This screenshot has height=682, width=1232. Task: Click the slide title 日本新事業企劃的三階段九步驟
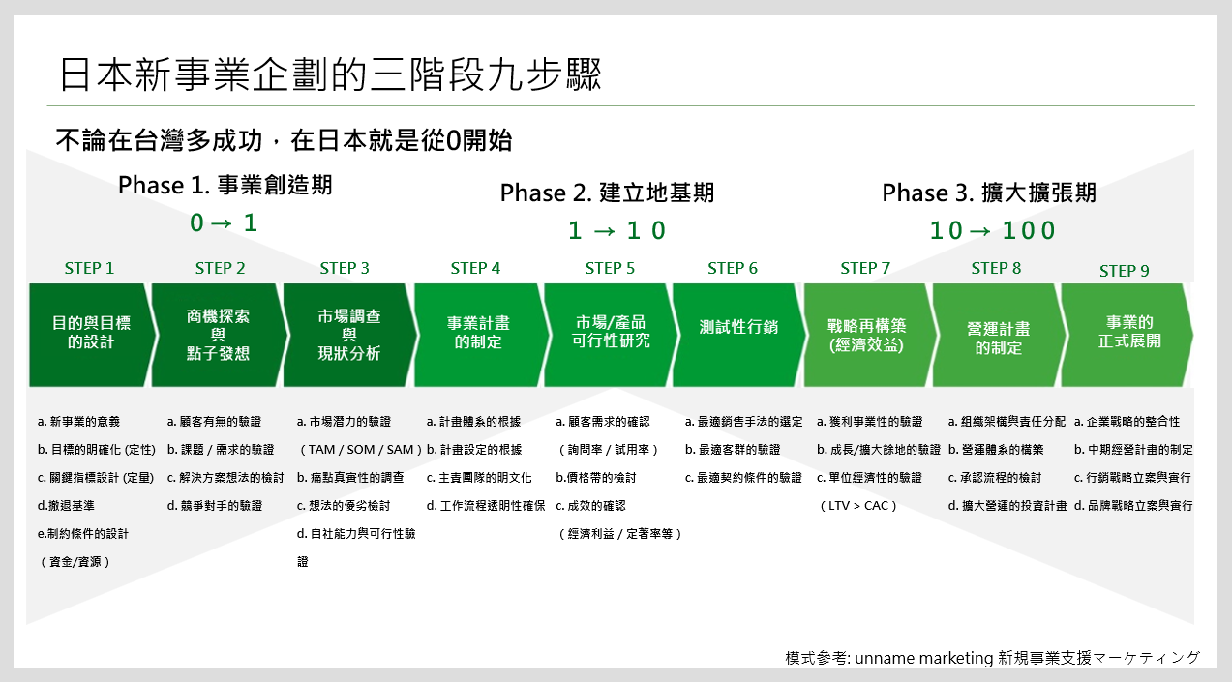(330, 74)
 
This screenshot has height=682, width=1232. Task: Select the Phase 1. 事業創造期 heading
(225, 186)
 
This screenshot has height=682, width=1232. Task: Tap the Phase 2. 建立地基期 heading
(607, 193)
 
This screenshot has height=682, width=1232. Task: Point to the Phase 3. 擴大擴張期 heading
(989, 193)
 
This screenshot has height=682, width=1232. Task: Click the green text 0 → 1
(225, 223)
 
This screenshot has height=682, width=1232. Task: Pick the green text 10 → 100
(993, 231)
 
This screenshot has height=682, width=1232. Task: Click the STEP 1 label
(89, 268)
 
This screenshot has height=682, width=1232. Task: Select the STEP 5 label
(610, 268)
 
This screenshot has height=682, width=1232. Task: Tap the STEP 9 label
(1125, 271)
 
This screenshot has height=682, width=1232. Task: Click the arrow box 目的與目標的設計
(89, 333)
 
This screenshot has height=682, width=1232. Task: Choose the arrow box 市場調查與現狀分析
(349, 335)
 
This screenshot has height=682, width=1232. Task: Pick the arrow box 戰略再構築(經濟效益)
(865, 335)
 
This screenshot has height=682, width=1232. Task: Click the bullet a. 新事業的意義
(79, 422)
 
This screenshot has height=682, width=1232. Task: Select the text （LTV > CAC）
(857, 506)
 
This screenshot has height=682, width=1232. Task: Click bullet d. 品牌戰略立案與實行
(1133, 506)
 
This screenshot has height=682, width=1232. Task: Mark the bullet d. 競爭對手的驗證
(214, 506)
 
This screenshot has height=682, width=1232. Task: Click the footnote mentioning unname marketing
(992, 658)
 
